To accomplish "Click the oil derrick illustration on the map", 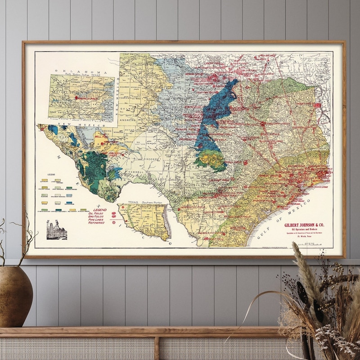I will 56,230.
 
